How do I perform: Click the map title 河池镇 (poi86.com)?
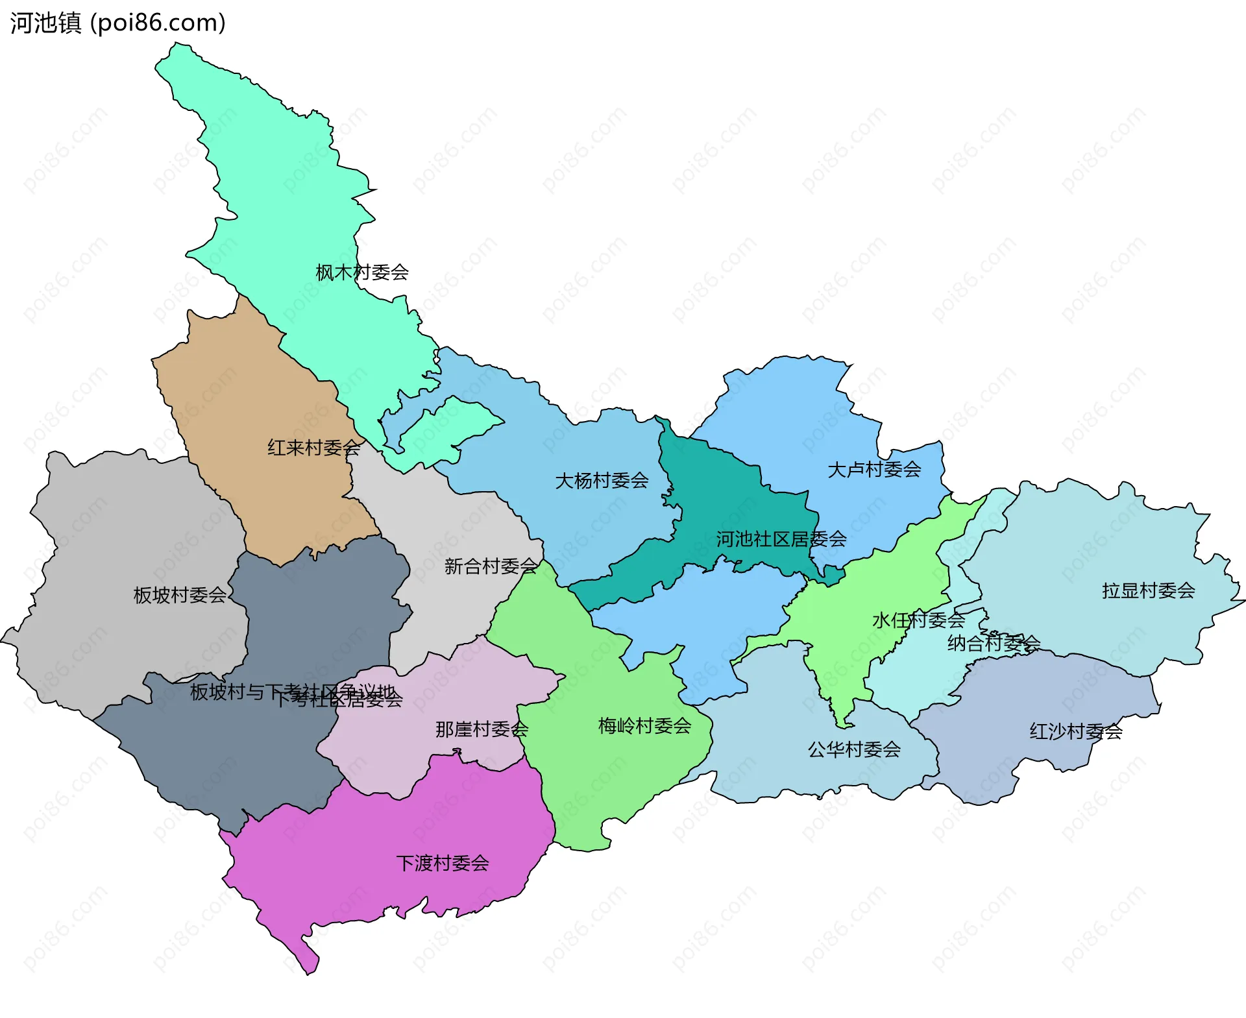[x=117, y=23]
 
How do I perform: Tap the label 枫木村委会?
[x=361, y=273]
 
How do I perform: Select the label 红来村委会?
[x=313, y=448]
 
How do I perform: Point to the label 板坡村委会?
[x=179, y=595]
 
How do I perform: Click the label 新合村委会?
[x=491, y=566]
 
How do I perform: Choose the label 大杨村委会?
[x=602, y=481]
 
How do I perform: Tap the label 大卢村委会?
[x=873, y=470]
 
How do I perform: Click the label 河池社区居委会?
[x=781, y=539]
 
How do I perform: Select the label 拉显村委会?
[x=1148, y=590]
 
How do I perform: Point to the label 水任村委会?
[x=918, y=620]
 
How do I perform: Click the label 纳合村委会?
[x=993, y=644]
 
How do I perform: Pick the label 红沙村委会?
[x=1075, y=732]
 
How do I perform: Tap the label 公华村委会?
[x=853, y=750]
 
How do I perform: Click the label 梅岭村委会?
[x=644, y=726]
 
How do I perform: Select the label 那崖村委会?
[x=482, y=729]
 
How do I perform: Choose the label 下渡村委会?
[x=442, y=864]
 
